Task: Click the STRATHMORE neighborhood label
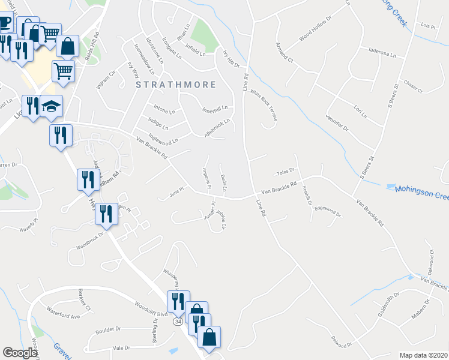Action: tap(175, 85)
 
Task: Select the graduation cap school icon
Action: tap(52, 107)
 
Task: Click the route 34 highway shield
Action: tap(178, 323)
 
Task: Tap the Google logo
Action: tap(20, 353)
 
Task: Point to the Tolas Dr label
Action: tap(283, 172)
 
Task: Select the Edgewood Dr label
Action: tap(327, 211)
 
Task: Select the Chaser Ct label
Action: tap(414, 87)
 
